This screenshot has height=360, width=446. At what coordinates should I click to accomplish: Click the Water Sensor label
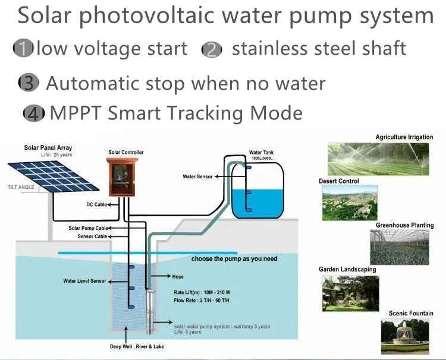[197, 176]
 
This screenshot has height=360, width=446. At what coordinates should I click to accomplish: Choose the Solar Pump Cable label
[88, 228]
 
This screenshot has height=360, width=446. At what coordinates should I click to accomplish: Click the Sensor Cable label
[93, 236]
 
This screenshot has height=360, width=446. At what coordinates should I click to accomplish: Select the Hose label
[178, 277]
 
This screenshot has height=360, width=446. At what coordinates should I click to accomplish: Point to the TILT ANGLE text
[21, 187]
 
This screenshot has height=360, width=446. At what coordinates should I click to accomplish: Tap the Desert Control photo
[350, 203]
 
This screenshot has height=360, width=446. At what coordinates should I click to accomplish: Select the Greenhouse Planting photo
[399, 247]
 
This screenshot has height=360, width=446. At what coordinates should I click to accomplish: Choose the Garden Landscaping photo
[350, 293]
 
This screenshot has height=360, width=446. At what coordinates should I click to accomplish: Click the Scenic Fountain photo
[404, 337]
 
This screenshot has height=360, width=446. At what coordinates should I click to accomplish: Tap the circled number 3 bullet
[28, 83]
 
